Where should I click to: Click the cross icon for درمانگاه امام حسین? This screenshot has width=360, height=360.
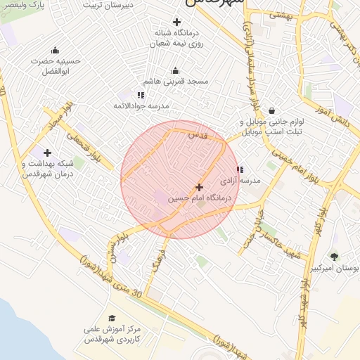coord(199,187)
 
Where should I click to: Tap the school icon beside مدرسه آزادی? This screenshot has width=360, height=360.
coord(240,169)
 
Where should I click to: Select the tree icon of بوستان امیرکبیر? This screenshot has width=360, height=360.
coord(334,257)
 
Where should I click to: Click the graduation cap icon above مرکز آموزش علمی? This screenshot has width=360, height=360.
coord(112,318)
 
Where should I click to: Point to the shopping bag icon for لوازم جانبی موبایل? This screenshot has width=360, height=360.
coord(271,110)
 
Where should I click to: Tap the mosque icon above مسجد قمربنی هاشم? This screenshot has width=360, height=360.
coord(175,71)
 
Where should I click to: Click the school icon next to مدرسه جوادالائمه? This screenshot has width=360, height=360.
coord(141,95)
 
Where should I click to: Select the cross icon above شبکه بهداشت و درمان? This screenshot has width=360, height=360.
coord(47,153)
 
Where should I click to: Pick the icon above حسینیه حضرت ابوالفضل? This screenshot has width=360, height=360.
coord(55,50)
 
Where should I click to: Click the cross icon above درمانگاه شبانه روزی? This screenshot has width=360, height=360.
coord(176,22)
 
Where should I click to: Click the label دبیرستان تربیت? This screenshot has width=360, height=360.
coord(109,4)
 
